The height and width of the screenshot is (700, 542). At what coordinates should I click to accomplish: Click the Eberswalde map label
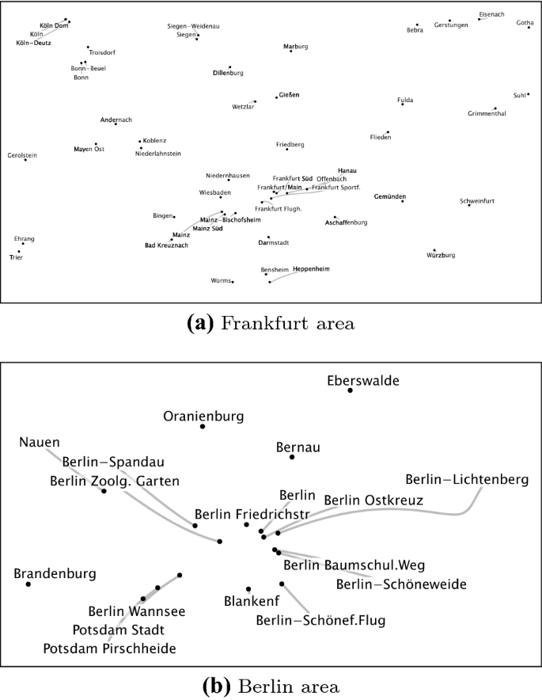tap(363, 381)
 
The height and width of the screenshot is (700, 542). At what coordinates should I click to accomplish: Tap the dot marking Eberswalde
tap(351, 390)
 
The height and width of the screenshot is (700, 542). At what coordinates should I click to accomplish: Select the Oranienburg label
tap(203, 416)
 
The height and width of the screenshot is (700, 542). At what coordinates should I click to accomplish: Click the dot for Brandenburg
tap(28, 584)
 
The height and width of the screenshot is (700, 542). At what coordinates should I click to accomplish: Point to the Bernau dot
tap(292, 457)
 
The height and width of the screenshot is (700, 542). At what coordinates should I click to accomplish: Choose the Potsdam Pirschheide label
tap(110, 649)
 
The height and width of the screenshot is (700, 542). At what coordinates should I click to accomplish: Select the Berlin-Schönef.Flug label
tap(320, 620)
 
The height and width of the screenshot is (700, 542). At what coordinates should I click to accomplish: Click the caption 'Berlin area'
tap(272, 685)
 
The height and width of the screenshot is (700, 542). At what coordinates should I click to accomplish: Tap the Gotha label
tap(525, 23)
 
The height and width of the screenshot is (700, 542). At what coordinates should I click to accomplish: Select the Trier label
tap(16, 257)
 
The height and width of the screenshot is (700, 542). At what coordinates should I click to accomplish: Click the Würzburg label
tap(441, 256)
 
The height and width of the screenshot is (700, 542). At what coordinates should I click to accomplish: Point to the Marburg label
tap(296, 47)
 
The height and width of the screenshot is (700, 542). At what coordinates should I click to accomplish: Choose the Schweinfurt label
tap(477, 201)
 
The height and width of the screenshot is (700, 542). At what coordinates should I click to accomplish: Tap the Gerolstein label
tap(22, 155)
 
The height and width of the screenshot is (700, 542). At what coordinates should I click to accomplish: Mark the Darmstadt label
tap(273, 243)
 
